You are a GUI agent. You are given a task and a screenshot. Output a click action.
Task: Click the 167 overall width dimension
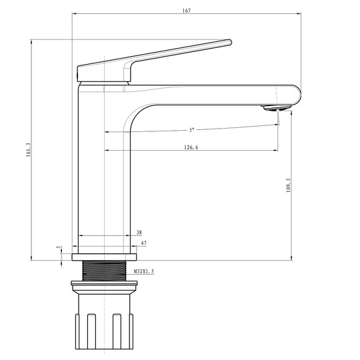click(x=187, y=11)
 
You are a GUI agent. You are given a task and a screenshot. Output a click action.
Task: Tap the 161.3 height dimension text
click(x=29, y=150)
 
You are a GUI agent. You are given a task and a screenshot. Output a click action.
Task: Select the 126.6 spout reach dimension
click(x=191, y=147)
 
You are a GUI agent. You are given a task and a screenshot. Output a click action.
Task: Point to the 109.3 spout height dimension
click(x=289, y=185)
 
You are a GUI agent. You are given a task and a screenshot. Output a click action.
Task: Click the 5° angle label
click(x=191, y=130)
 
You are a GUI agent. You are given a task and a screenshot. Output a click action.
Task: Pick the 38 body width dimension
click(x=139, y=233)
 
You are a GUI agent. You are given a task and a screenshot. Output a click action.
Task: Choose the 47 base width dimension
click(x=144, y=243)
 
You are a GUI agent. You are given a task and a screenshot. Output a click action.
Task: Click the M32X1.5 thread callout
click(x=144, y=271)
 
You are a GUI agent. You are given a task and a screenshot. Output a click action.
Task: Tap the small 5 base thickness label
click(x=59, y=247)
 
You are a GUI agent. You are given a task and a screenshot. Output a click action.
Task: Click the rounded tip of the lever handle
click(x=229, y=42)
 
